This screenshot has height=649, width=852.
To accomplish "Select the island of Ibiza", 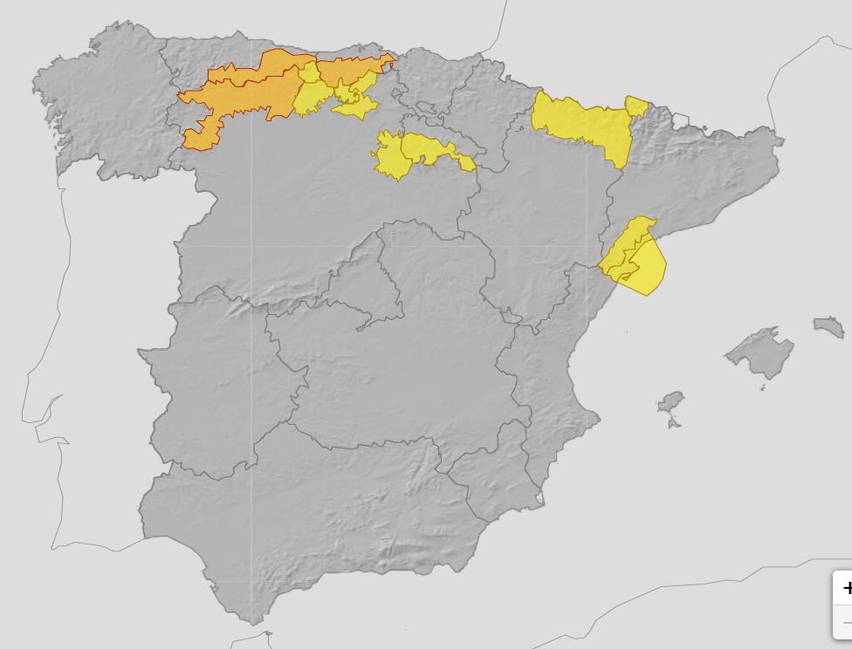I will tap(670, 404).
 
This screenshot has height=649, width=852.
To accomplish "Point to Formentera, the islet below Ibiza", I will tap(674, 423).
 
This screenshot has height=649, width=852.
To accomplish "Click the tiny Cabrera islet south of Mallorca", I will tap(762, 387).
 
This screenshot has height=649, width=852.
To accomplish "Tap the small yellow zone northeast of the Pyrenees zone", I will tap(636, 107).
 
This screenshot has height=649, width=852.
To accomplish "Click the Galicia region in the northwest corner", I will tap(96, 105).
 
